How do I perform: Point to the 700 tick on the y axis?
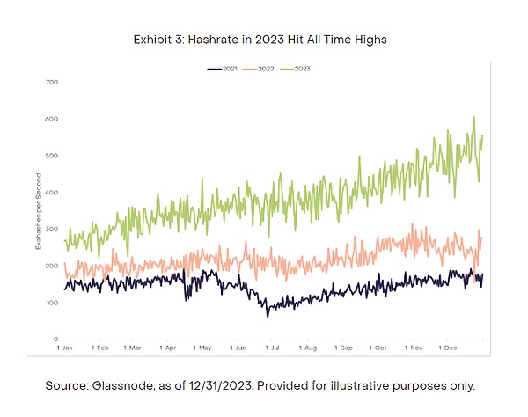(x=51, y=82)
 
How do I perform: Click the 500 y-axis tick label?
(x=51, y=156)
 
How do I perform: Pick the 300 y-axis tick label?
(x=51, y=229)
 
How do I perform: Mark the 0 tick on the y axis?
(x=55, y=340)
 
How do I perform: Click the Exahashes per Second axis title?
(x=38, y=211)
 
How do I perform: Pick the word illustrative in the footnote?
(x=394, y=386)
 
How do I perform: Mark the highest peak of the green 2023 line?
(x=474, y=116)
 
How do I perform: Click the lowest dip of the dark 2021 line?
(x=268, y=316)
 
